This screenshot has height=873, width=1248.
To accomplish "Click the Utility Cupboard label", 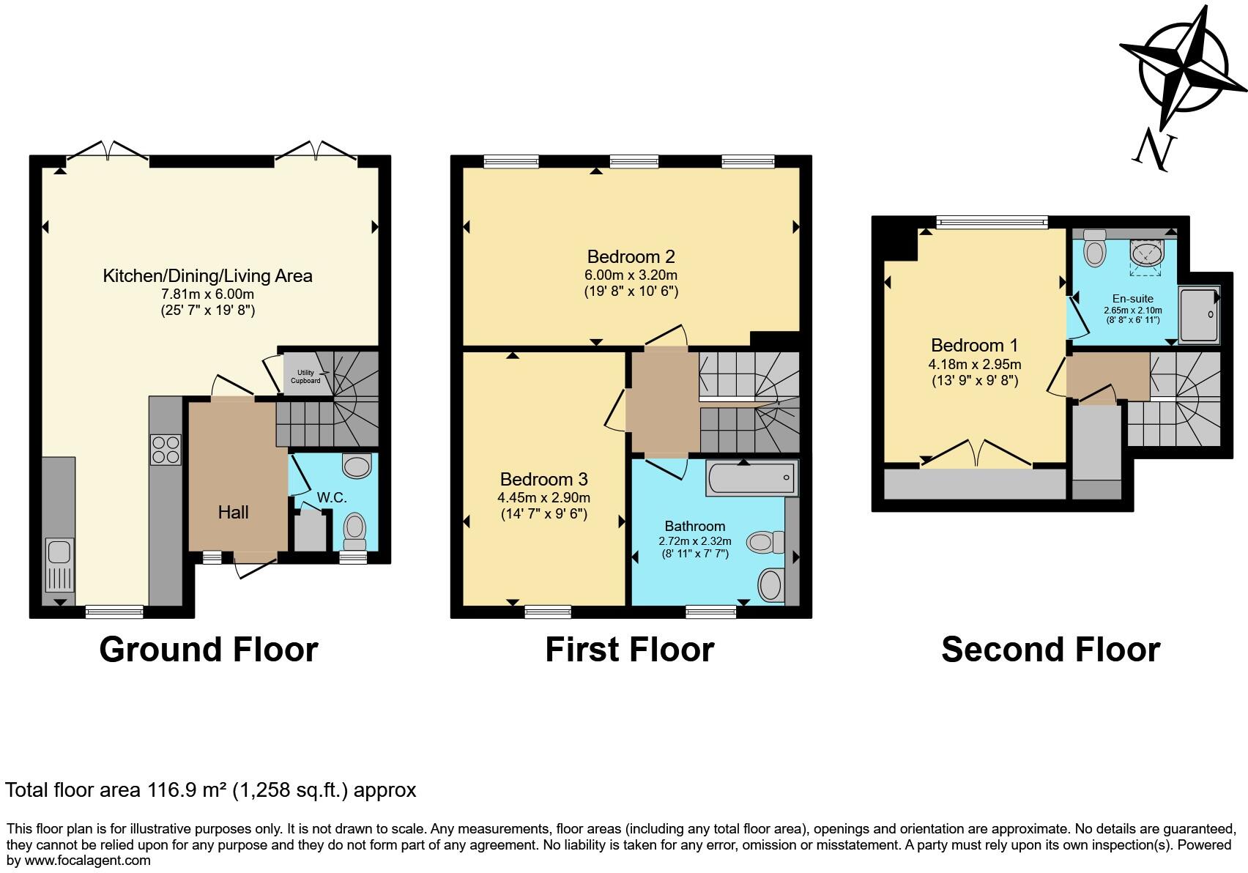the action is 305,376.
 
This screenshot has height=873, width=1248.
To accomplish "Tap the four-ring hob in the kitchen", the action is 166,450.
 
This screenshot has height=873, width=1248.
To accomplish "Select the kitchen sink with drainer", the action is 59,565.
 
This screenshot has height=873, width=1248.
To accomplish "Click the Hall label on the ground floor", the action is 233,512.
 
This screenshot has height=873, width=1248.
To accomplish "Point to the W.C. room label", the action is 332,497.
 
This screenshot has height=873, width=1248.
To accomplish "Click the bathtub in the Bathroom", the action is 752,478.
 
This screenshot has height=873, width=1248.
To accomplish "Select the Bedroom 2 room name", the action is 631,256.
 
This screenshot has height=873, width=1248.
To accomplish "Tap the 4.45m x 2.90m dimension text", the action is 543,497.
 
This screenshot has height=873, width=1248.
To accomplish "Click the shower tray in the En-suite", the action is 1199,314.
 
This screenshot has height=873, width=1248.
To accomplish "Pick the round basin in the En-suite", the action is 1147,254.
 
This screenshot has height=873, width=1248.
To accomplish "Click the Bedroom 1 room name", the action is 974,345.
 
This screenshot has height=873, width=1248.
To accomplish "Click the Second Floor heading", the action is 1050,649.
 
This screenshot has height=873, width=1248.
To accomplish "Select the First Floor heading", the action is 630,649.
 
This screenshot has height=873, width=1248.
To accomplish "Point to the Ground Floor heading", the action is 209,649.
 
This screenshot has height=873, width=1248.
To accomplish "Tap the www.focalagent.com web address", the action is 87,861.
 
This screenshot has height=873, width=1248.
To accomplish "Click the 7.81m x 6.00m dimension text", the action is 208,294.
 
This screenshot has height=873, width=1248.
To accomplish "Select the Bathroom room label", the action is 695,526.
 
